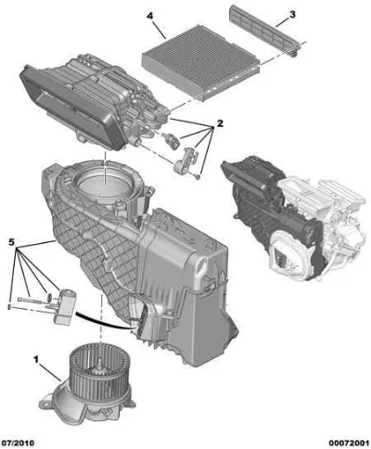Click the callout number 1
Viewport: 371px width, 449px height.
(36, 359)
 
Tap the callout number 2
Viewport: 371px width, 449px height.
(220, 123)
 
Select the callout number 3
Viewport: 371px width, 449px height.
(292, 14)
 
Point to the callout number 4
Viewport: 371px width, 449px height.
(150, 16)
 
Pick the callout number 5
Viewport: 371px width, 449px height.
(11, 242)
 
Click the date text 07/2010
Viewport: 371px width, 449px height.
(19, 443)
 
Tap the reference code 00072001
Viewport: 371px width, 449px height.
(349, 443)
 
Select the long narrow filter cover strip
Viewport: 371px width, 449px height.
(266, 30)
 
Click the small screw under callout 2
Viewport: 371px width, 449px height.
(198, 176)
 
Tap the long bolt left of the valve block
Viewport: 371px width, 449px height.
(30, 300)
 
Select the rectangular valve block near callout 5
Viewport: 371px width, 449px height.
(65, 306)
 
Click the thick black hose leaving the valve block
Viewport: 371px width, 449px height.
(105, 322)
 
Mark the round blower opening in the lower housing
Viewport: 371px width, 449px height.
(105, 183)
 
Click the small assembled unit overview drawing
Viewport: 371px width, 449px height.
(293, 216)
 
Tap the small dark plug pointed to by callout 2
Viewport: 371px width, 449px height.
(171, 140)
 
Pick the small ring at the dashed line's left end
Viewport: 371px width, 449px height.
(9, 307)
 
